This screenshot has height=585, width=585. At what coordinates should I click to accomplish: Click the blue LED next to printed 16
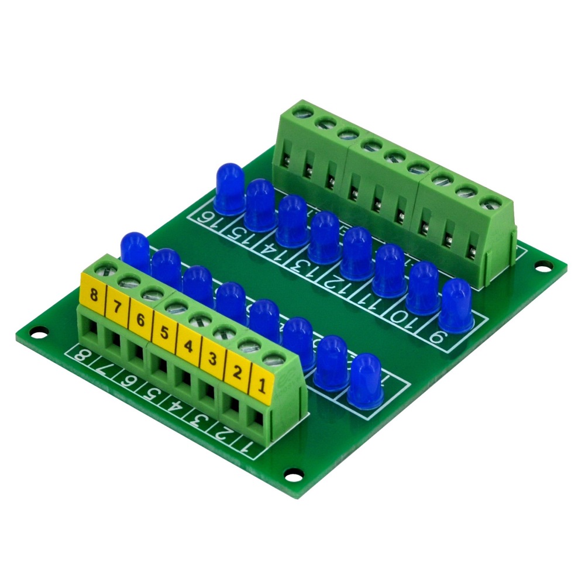[x=229, y=188]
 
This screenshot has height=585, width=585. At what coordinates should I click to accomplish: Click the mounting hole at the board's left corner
[x=37, y=336]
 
